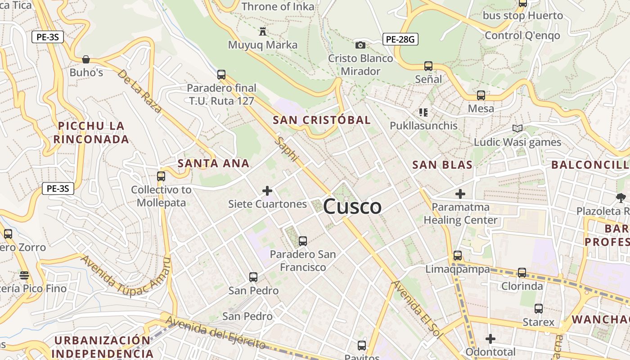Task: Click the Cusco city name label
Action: (x=352, y=207)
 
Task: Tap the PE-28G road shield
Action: (x=400, y=39)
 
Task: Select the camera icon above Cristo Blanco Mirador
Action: (x=360, y=45)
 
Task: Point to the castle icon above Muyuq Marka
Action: (x=263, y=31)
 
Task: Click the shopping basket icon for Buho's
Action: (x=86, y=59)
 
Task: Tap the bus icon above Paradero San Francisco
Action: (x=303, y=241)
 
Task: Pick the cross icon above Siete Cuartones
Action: (x=267, y=191)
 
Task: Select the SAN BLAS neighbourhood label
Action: (x=442, y=165)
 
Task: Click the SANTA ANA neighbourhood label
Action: (x=213, y=163)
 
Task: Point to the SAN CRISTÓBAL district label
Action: (x=322, y=120)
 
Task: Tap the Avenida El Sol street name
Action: (x=417, y=314)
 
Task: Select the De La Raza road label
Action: (x=139, y=91)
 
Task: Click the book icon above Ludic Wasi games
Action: (x=517, y=129)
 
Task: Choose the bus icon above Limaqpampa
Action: (x=458, y=256)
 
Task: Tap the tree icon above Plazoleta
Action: (x=621, y=198)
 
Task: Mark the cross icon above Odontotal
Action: (x=490, y=338)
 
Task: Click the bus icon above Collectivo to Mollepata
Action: (x=161, y=176)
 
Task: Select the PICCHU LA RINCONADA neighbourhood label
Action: (x=91, y=132)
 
